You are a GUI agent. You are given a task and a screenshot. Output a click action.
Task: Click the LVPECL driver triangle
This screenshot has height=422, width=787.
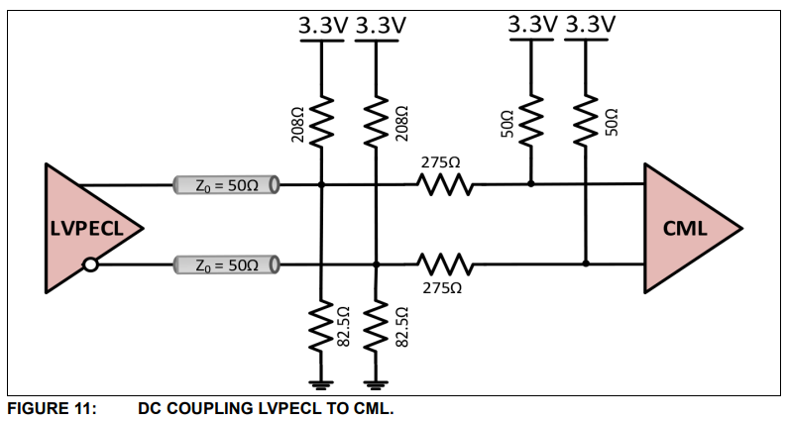click(x=84, y=228)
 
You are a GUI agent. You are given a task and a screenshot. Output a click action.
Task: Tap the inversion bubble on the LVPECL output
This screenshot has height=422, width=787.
click(x=91, y=264)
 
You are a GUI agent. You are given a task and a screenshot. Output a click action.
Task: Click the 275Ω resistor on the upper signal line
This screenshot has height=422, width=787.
click(x=443, y=184)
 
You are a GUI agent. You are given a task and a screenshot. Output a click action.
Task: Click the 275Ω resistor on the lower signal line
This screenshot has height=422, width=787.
click(x=443, y=264)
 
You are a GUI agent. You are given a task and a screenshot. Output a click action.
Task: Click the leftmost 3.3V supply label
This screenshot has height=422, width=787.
click(x=322, y=27)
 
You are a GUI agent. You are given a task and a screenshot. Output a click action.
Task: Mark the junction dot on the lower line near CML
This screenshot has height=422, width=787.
click(x=586, y=264)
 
